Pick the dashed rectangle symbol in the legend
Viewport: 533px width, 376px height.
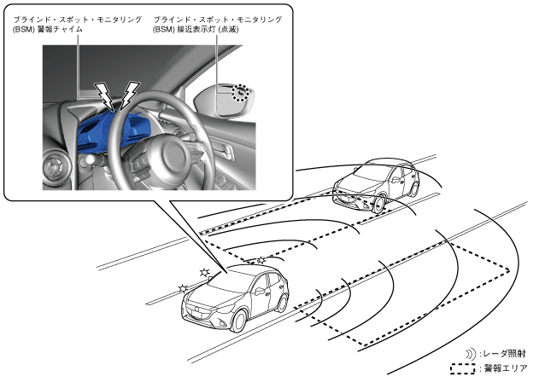point(461,368)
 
